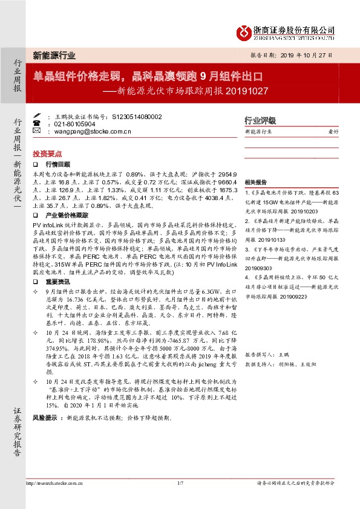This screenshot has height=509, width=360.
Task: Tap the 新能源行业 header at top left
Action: pyautogui.click(x=54, y=54)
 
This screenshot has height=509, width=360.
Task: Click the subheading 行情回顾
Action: pyautogui.click(x=58, y=164)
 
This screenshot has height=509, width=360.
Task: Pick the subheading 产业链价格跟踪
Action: pyautogui.click(x=67, y=215)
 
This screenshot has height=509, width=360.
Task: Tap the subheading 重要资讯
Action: pyautogui.click(x=58, y=282)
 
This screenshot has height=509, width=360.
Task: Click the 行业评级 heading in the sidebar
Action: pyautogui.click(x=260, y=120)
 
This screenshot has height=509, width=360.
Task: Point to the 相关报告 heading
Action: pyautogui.click(x=256, y=182)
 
